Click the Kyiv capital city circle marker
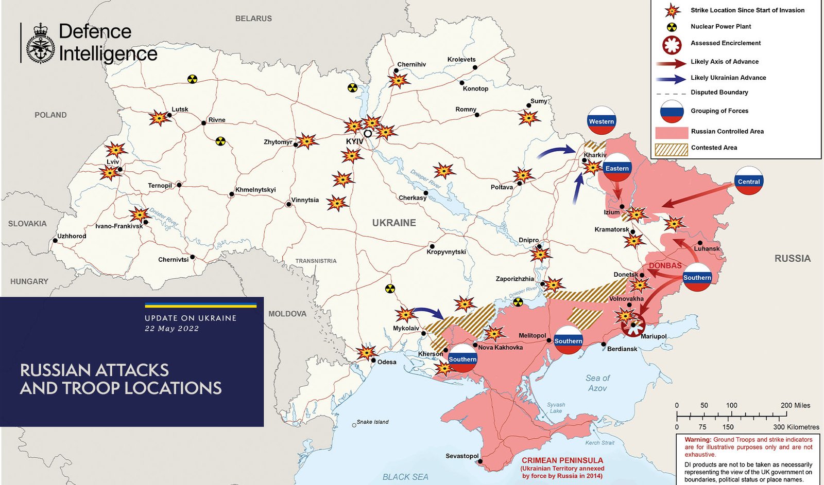click(368, 133)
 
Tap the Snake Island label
click(372, 422)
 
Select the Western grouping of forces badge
click(602, 121)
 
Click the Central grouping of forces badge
click(748, 181)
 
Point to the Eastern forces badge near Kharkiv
click(617, 168)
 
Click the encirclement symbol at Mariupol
click(633, 325)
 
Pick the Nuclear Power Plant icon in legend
click(672, 27)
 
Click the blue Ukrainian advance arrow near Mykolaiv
click(428, 312)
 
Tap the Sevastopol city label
click(461, 456)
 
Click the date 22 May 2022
click(171, 329)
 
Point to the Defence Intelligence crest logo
click(40, 44)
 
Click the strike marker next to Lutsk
click(159, 118)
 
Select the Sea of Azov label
click(597, 383)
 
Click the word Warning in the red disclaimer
click(697, 440)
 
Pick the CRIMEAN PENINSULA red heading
click(562, 460)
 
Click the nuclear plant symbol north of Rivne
click(192, 79)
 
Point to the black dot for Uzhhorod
click(55, 240)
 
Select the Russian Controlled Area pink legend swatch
click(671, 132)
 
